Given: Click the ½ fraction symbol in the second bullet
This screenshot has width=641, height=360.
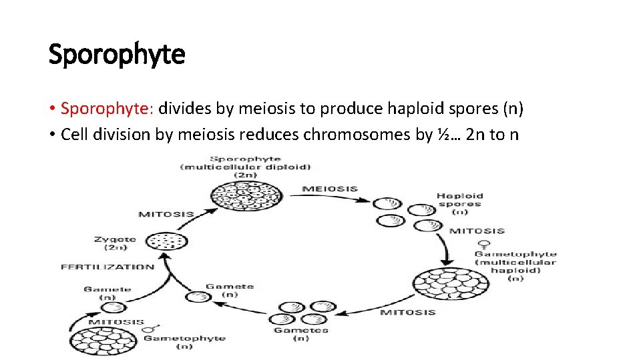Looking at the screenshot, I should [x=443, y=134].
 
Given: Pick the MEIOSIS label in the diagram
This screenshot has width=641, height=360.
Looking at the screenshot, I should [x=330, y=189].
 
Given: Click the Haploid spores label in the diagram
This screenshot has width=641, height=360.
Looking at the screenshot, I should [x=460, y=200].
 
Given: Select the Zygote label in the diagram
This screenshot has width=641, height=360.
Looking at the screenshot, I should [x=115, y=239].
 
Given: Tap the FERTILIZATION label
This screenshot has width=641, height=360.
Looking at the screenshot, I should [x=108, y=267].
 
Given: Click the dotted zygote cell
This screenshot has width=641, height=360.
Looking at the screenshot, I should [x=166, y=241].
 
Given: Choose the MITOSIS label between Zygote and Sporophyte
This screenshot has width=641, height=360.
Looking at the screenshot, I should [x=166, y=214].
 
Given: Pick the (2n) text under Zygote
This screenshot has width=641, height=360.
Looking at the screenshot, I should [x=116, y=247].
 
